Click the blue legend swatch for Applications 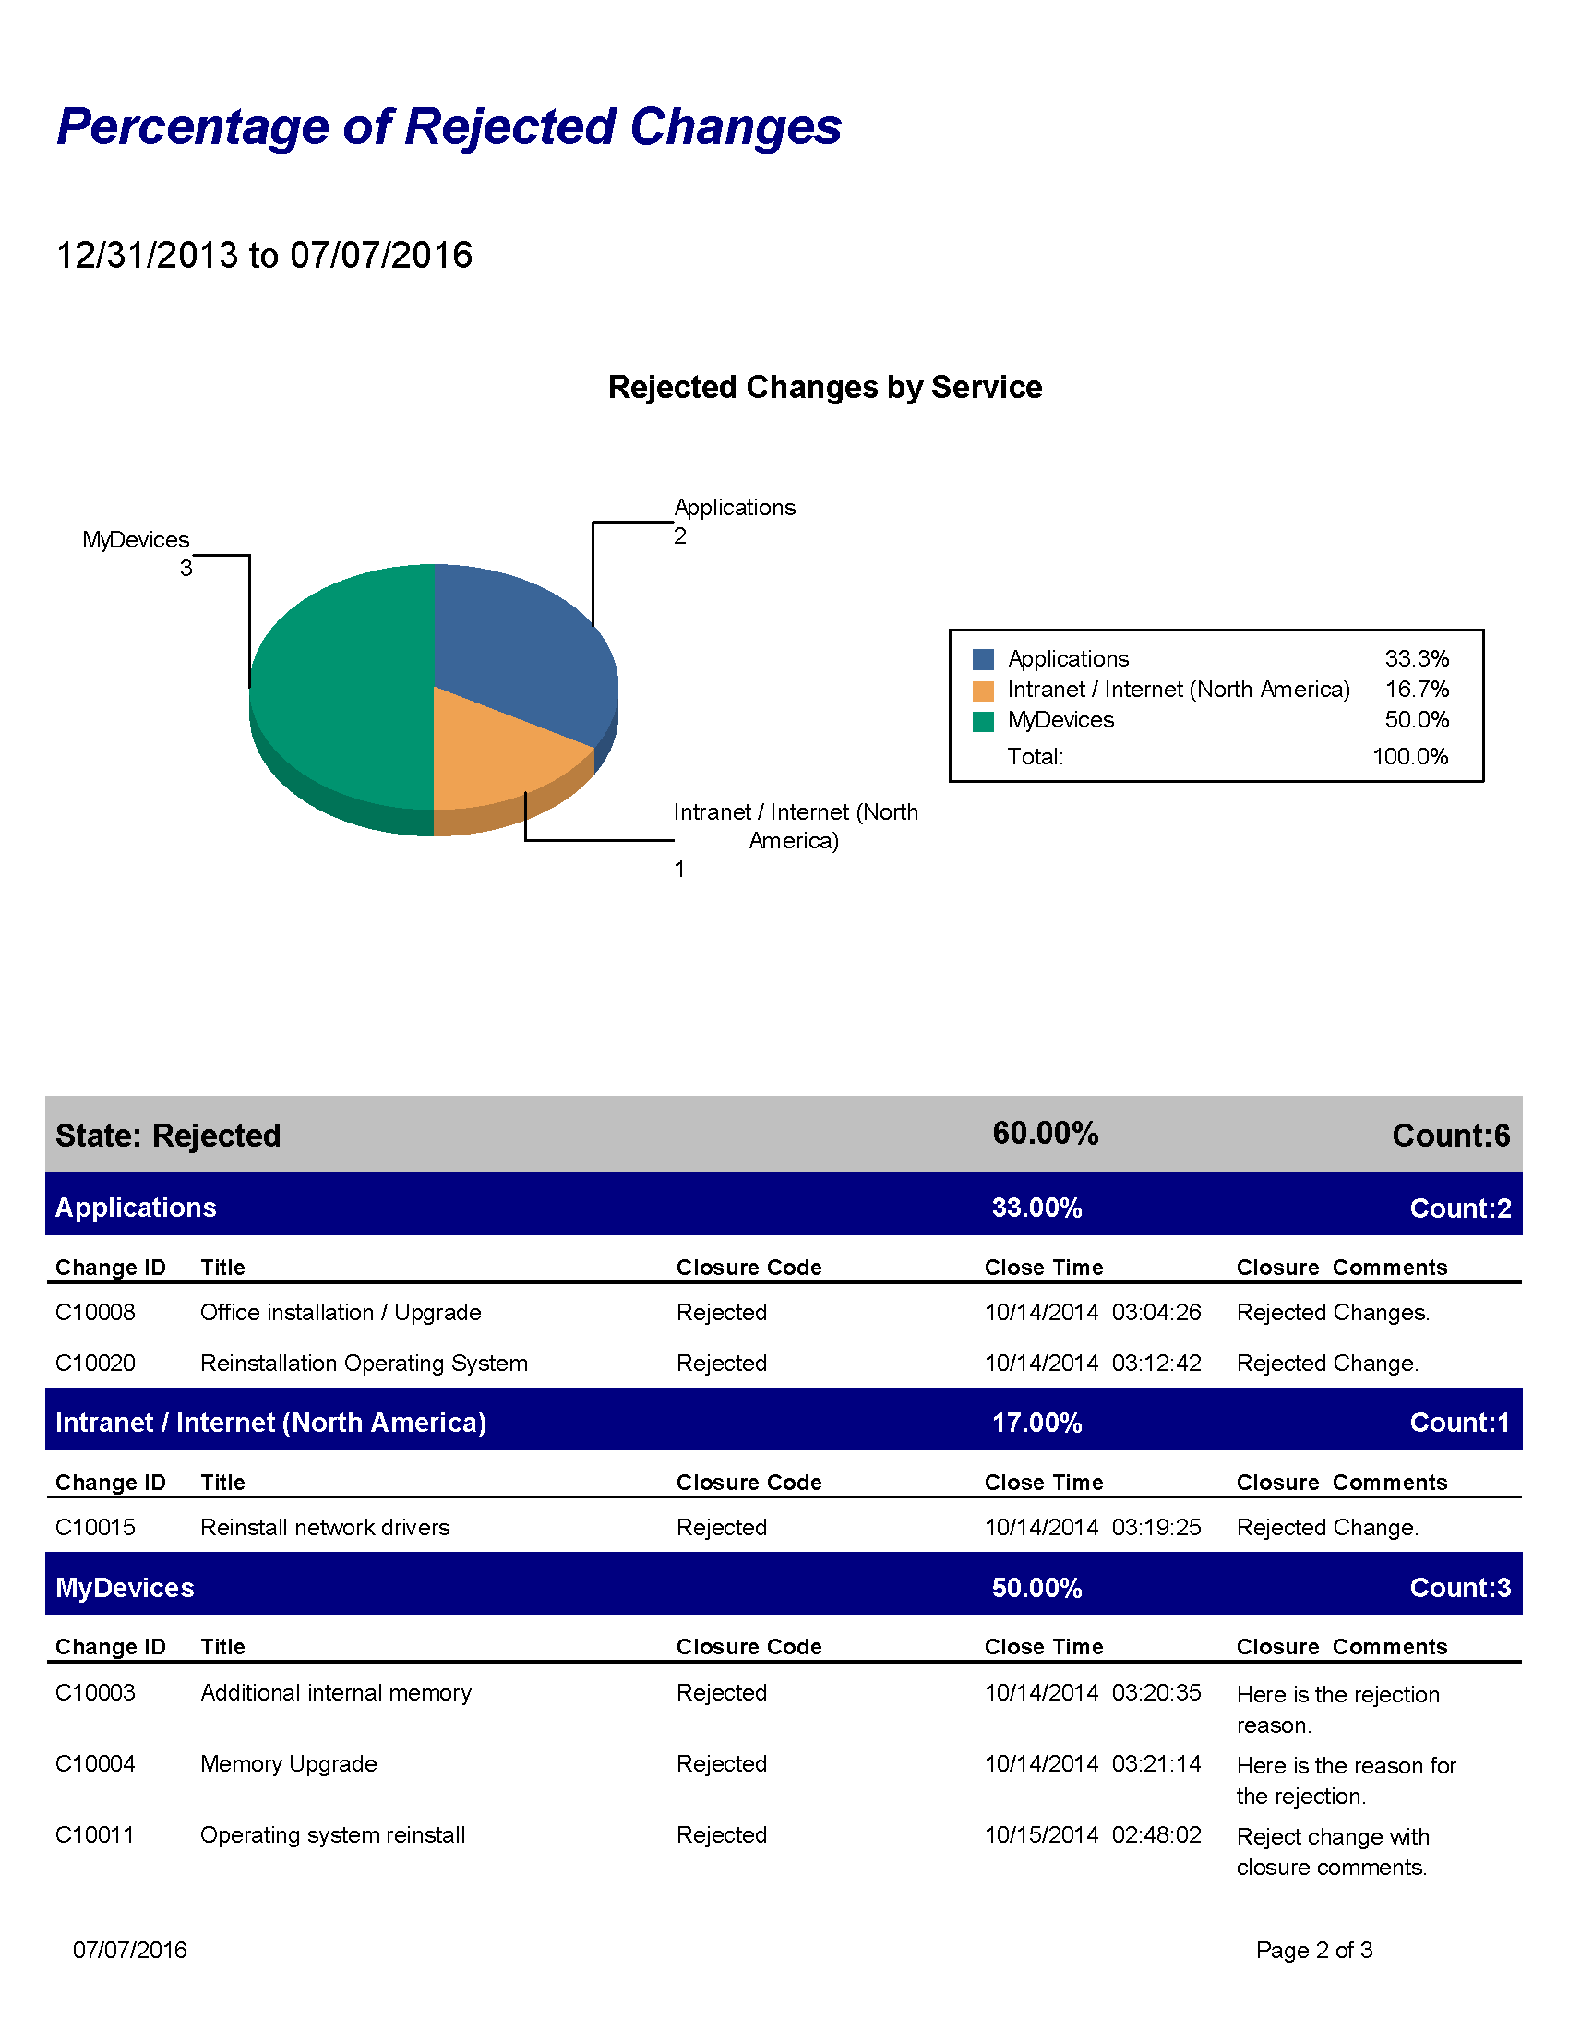(x=983, y=659)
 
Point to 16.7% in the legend (x=1416, y=689)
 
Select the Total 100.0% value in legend (x=1409, y=756)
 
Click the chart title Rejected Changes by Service (x=824, y=387)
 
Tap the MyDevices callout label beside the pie (x=136, y=540)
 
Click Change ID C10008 (x=95, y=1312)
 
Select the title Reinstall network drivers (x=324, y=1527)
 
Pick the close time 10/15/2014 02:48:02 (x=1092, y=1834)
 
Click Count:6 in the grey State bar (x=1450, y=1136)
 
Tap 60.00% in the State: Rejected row (x=1045, y=1134)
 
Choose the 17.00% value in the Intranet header (x=1036, y=1423)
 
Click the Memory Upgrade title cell (x=288, y=1764)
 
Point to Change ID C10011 (x=95, y=1834)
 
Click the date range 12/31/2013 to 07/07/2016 (x=264, y=255)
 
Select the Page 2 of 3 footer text (x=1313, y=1950)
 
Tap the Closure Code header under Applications (x=749, y=1268)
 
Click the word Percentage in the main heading (x=192, y=126)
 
